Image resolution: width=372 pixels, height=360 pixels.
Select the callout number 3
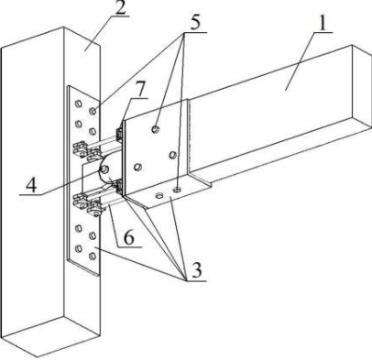pos(196,270)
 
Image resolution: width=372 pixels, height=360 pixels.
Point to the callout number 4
pos(30,185)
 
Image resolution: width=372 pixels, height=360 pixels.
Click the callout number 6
pos(128,237)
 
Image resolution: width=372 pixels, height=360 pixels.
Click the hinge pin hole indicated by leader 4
pos(105,169)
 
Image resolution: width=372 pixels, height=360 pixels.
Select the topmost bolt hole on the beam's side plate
pos(156,129)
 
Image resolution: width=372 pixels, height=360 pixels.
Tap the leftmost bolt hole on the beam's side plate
pos(137,167)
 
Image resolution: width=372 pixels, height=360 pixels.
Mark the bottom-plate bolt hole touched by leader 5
pos(177,190)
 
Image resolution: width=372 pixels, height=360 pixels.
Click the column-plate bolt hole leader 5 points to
pos(93,110)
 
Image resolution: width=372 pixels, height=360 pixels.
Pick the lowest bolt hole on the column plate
pos(93,256)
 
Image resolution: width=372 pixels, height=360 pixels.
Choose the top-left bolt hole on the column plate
pos(79,104)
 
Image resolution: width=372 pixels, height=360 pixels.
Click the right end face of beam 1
pos(362,88)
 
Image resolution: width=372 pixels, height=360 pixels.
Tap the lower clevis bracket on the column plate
pos(86,205)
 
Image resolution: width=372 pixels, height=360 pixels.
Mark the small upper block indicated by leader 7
pos(118,134)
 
